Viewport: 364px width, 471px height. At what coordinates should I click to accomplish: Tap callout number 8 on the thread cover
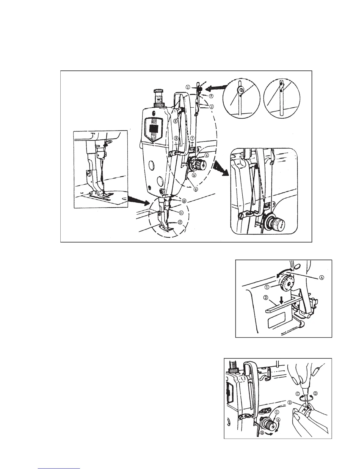(x=176, y=121)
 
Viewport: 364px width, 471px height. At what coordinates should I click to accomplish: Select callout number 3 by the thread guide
(x=211, y=106)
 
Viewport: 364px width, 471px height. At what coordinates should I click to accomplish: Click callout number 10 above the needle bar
(x=184, y=201)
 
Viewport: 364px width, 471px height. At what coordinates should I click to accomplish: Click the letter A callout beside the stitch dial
(x=321, y=276)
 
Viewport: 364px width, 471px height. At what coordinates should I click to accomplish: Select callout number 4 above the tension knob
(x=206, y=155)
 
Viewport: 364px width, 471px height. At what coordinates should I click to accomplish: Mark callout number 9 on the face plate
(x=176, y=138)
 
